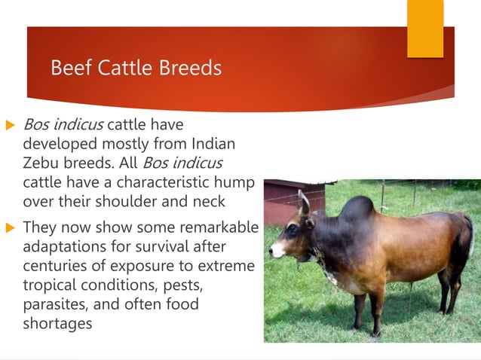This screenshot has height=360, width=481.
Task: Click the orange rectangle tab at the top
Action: [425, 28]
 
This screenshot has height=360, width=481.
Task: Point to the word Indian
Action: [214, 143]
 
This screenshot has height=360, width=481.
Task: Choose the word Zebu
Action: [42, 163]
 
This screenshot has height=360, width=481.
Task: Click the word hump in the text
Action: [235, 182]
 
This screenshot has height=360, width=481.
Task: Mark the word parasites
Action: [54, 305]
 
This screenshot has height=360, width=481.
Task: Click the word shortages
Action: [57, 324]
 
